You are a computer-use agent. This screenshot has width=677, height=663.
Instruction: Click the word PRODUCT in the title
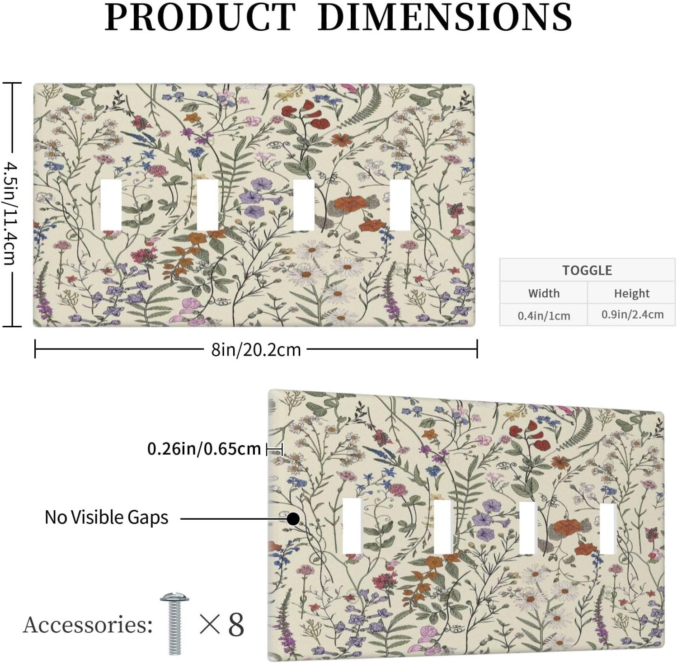200,17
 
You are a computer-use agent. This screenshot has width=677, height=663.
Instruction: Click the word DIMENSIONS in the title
445,17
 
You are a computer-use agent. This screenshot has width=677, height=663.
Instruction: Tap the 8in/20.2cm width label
256,349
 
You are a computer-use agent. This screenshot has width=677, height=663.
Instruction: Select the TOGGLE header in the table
587,270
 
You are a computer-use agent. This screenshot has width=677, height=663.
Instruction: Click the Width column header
544,293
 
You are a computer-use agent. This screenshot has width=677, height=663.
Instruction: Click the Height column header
631,293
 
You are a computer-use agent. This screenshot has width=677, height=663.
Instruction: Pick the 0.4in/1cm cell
544,315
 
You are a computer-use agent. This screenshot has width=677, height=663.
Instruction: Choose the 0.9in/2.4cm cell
632,315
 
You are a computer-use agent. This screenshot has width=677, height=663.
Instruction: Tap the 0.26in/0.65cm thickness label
204,449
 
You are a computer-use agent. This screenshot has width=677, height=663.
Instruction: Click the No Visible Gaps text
107,517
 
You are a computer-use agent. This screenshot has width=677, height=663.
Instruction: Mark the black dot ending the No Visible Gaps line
293,518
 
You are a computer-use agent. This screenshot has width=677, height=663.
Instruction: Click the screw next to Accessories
174,623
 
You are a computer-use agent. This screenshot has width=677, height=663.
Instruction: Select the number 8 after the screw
236,625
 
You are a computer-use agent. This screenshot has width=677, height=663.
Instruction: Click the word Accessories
88,625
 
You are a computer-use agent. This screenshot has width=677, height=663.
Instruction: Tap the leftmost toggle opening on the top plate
110,205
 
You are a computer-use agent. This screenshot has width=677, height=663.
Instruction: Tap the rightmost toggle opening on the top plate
400,205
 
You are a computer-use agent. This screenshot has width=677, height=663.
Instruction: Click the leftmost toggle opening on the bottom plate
352,526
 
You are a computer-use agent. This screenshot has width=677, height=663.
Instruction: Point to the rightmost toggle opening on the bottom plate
608,529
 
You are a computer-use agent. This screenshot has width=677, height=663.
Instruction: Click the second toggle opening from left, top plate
207,205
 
